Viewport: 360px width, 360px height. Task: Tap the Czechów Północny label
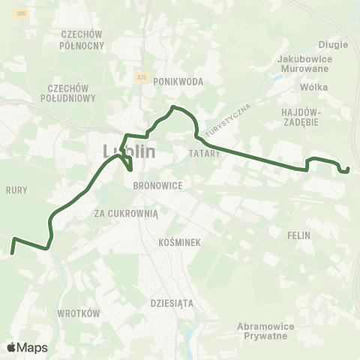[82, 40]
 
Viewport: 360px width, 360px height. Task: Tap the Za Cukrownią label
[127, 213]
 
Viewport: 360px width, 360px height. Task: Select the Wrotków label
[79, 313]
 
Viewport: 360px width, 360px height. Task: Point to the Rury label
[16, 190]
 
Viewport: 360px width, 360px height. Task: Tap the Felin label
[298, 235]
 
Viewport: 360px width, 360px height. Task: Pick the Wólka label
[313, 87]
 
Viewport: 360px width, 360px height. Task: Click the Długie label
[333, 44]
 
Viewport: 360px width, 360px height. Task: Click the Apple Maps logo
[27, 347]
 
